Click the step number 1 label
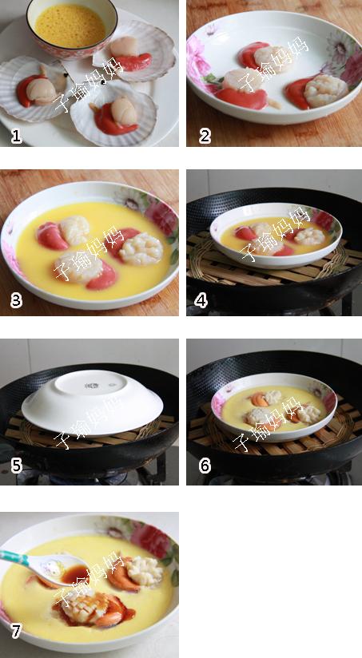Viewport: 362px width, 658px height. point(16,137)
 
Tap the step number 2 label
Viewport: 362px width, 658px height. point(204,137)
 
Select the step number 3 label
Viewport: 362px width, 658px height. point(16,300)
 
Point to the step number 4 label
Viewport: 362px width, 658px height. point(201,300)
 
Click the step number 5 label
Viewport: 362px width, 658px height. point(16,466)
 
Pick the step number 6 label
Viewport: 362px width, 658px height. point(204,466)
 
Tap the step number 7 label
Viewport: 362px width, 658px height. point(16,631)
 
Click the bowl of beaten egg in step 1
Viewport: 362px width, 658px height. point(72,27)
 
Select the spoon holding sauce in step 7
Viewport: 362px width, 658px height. point(44,567)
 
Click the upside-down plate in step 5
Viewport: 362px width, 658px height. point(92,402)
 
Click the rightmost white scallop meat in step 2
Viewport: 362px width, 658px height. point(325,91)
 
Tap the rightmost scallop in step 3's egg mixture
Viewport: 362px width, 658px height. point(141,249)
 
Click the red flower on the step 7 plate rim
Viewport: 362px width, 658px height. point(150,541)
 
